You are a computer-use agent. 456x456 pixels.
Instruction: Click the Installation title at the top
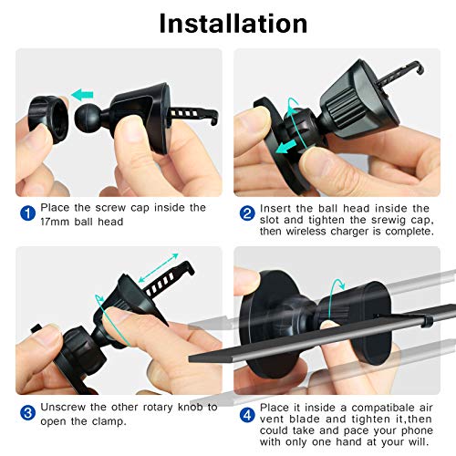coord(233,23)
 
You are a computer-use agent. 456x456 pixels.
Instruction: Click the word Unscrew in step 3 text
coord(67,407)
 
